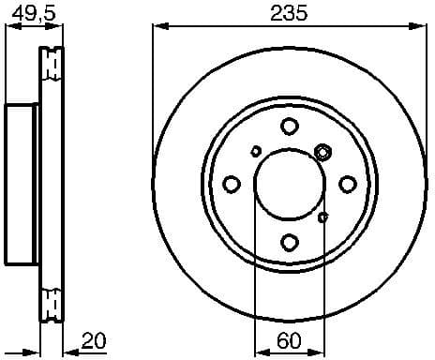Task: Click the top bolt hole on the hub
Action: (x=289, y=127)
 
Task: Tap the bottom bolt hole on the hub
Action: (x=289, y=241)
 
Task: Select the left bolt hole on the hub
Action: (x=232, y=184)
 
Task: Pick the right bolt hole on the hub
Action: (x=346, y=184)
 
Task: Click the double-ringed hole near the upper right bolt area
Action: (x=323, y=151)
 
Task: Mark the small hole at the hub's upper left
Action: (x=256, y=150)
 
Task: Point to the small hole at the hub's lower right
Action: (x=323, y=217)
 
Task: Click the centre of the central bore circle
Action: (x=289, y=184)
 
